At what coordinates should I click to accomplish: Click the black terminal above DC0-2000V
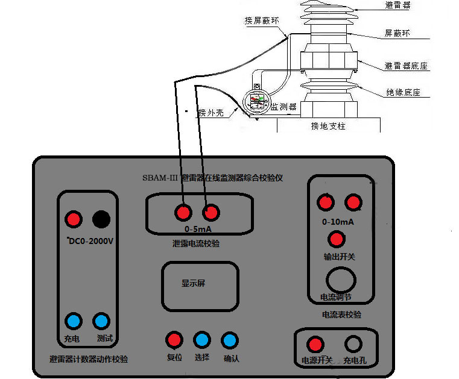pyautogui.click(x=101, y=220)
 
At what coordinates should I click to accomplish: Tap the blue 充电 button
pyautogui.click(x=73, y=321)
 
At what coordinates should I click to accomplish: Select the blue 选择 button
pyautogui.click(x=201, y=340)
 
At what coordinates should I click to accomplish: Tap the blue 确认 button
pyautogui.click(x=229, y=340)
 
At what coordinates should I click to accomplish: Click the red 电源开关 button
pyautogui.click(x=314, y=345)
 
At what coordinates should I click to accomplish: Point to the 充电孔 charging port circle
pyautogui.click(x=353, y=344)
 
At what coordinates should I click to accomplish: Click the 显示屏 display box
pyautogui.click(x=199, y=286)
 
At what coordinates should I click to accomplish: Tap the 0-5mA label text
pyautogui.click(x=197, y=229)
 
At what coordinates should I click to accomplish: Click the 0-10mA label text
pyautogui.click(x=338, y=222)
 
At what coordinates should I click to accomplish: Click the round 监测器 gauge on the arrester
pyautogui.click(x=256, y=100)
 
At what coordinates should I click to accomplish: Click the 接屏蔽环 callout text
pyautogui.click(x=262, y=20)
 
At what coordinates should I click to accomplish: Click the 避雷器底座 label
pyautogui.click(x=406, y=66)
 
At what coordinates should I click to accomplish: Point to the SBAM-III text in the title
pyautogui.click(x=159, y=178)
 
